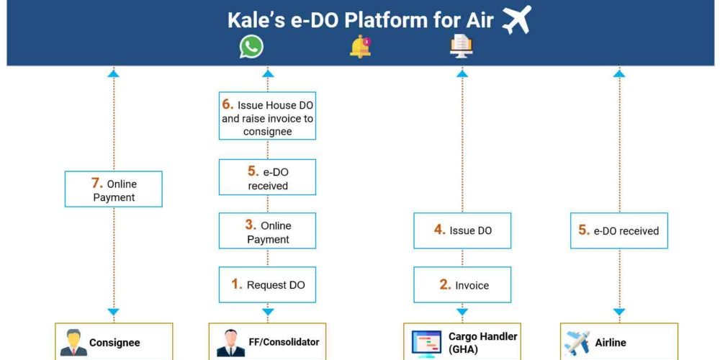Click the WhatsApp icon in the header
coord(251,47)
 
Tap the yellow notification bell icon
coord(361,47)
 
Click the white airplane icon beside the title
coord(516,19)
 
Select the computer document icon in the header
coord(462,47)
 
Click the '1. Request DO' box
coord(267,284)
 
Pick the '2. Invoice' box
coord(462,284)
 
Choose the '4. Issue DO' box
coord(462,230)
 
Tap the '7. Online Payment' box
coord(114,189)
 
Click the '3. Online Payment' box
coord(267,230)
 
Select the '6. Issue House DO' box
coord(267,116)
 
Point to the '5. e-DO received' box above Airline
coord(619,230)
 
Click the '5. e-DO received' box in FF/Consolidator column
coord(267,177)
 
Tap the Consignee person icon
coord(73,343)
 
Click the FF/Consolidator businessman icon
coord(230,343)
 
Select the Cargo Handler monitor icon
coord(426,343)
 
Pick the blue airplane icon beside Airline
coord(576,343)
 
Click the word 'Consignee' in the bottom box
coord(114,343)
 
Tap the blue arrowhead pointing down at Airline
coord(619,312)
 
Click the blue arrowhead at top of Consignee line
coord(114,73)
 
